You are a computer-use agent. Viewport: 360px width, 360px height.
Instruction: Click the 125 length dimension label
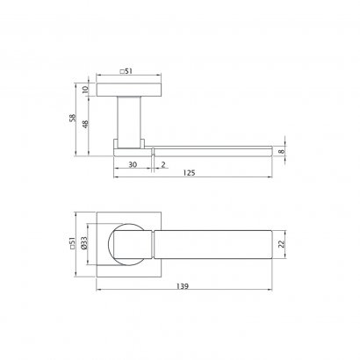pos(189,173)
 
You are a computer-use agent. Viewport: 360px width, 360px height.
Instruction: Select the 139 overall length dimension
pos(183,286)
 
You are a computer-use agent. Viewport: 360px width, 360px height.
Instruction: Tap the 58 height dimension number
pos(72,118)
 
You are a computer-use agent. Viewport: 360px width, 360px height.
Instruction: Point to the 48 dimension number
pos(85,124)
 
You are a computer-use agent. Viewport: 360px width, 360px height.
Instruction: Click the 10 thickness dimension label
pos(85,90)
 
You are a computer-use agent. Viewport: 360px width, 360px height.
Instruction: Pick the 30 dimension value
pos(133,164)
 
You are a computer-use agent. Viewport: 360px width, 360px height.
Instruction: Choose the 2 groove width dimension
pos(163,164)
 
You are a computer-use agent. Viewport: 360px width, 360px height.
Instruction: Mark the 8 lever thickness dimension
pos(281,151)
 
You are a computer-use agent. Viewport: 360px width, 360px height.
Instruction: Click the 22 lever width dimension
pos(281,244)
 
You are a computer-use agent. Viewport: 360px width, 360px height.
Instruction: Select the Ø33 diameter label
pos(83,243)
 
